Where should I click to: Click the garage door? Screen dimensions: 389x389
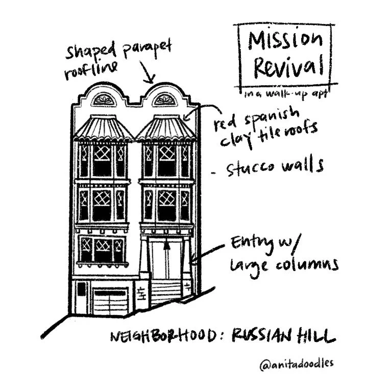click(109, 301)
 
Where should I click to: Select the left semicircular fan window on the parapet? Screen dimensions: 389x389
click(104, 100)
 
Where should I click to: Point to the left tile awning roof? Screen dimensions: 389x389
click(104, 129)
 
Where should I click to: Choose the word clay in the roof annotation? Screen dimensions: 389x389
click(234, 137)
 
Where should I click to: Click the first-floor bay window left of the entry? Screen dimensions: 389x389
click(103, 249)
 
